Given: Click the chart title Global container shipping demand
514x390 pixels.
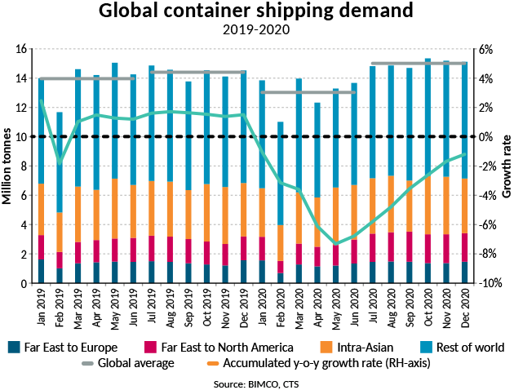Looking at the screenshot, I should [x=256, y=12].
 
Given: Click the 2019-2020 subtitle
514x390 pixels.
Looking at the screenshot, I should [x=256, y=31].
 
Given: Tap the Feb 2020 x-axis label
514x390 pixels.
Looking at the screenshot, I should [x=280, y=304].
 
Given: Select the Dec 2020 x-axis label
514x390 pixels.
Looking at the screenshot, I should [x=464, y=304].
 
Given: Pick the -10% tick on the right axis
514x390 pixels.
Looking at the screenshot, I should [x=483, y=283].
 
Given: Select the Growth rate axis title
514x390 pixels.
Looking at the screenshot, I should [x=507, y=166].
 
